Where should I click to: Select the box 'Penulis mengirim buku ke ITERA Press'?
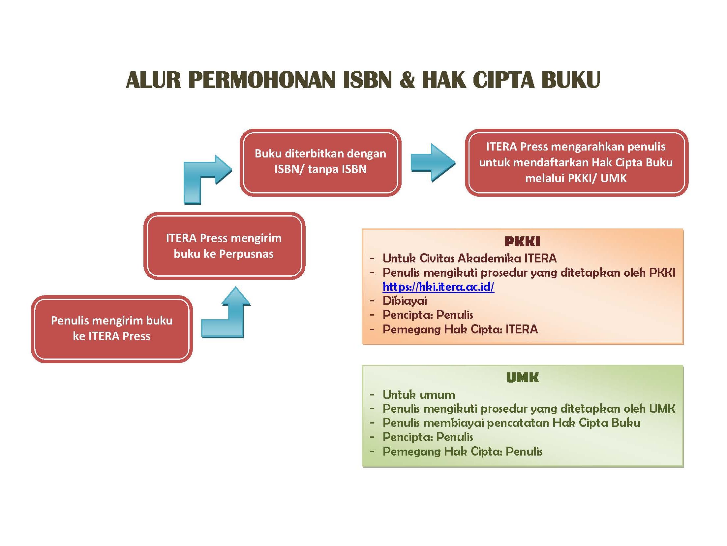[x=112, y=328]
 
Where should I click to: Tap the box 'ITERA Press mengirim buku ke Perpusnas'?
[x=224, y=246]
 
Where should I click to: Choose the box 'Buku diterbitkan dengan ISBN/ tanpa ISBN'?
[x=320, y=162]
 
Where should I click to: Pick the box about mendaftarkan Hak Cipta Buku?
[x=576, y=162]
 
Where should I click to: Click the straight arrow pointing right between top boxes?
[x=433, y=163]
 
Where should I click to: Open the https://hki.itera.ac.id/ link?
[x=438, y=287]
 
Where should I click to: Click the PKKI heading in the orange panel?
[x=522, y=242]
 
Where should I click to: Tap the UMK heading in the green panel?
[x=522, y=378]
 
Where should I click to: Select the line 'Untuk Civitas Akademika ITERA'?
[x=470, y=258]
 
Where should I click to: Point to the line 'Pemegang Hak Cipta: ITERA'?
[x=460, y=329]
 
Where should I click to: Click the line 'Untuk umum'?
[x=419, y=394]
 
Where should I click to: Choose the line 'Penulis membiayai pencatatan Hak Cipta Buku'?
[x=511, y=423]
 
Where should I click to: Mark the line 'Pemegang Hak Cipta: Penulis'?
[x=462, y=451]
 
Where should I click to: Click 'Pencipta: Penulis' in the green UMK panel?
[x=428, y=437]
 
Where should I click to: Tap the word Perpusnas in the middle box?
[x=246, y=254]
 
